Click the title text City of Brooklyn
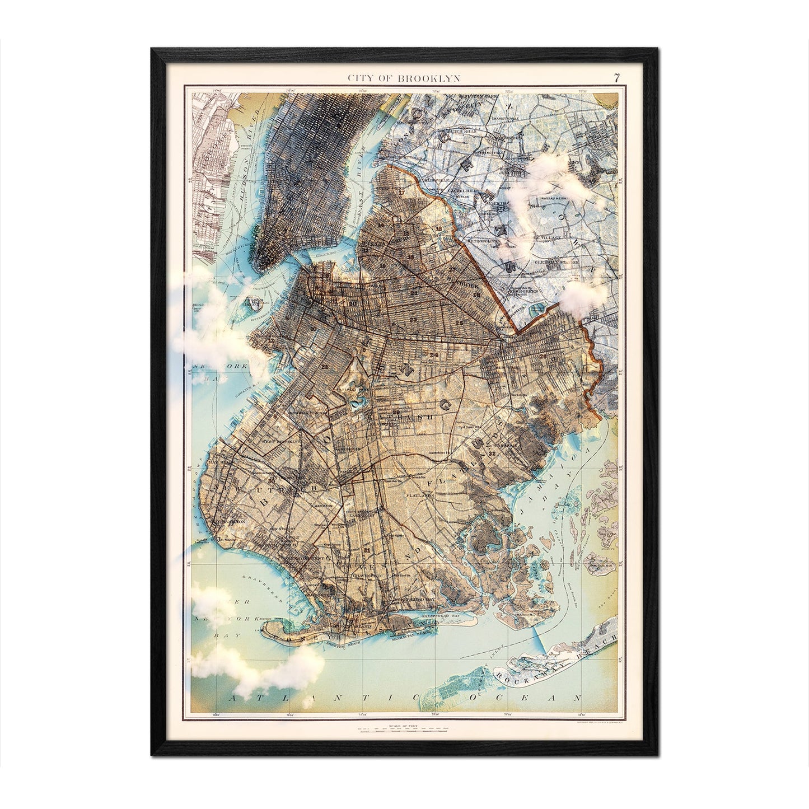[x=404, y=78]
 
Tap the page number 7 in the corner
[x=616, y=78]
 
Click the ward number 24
[x=434, y=356]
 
